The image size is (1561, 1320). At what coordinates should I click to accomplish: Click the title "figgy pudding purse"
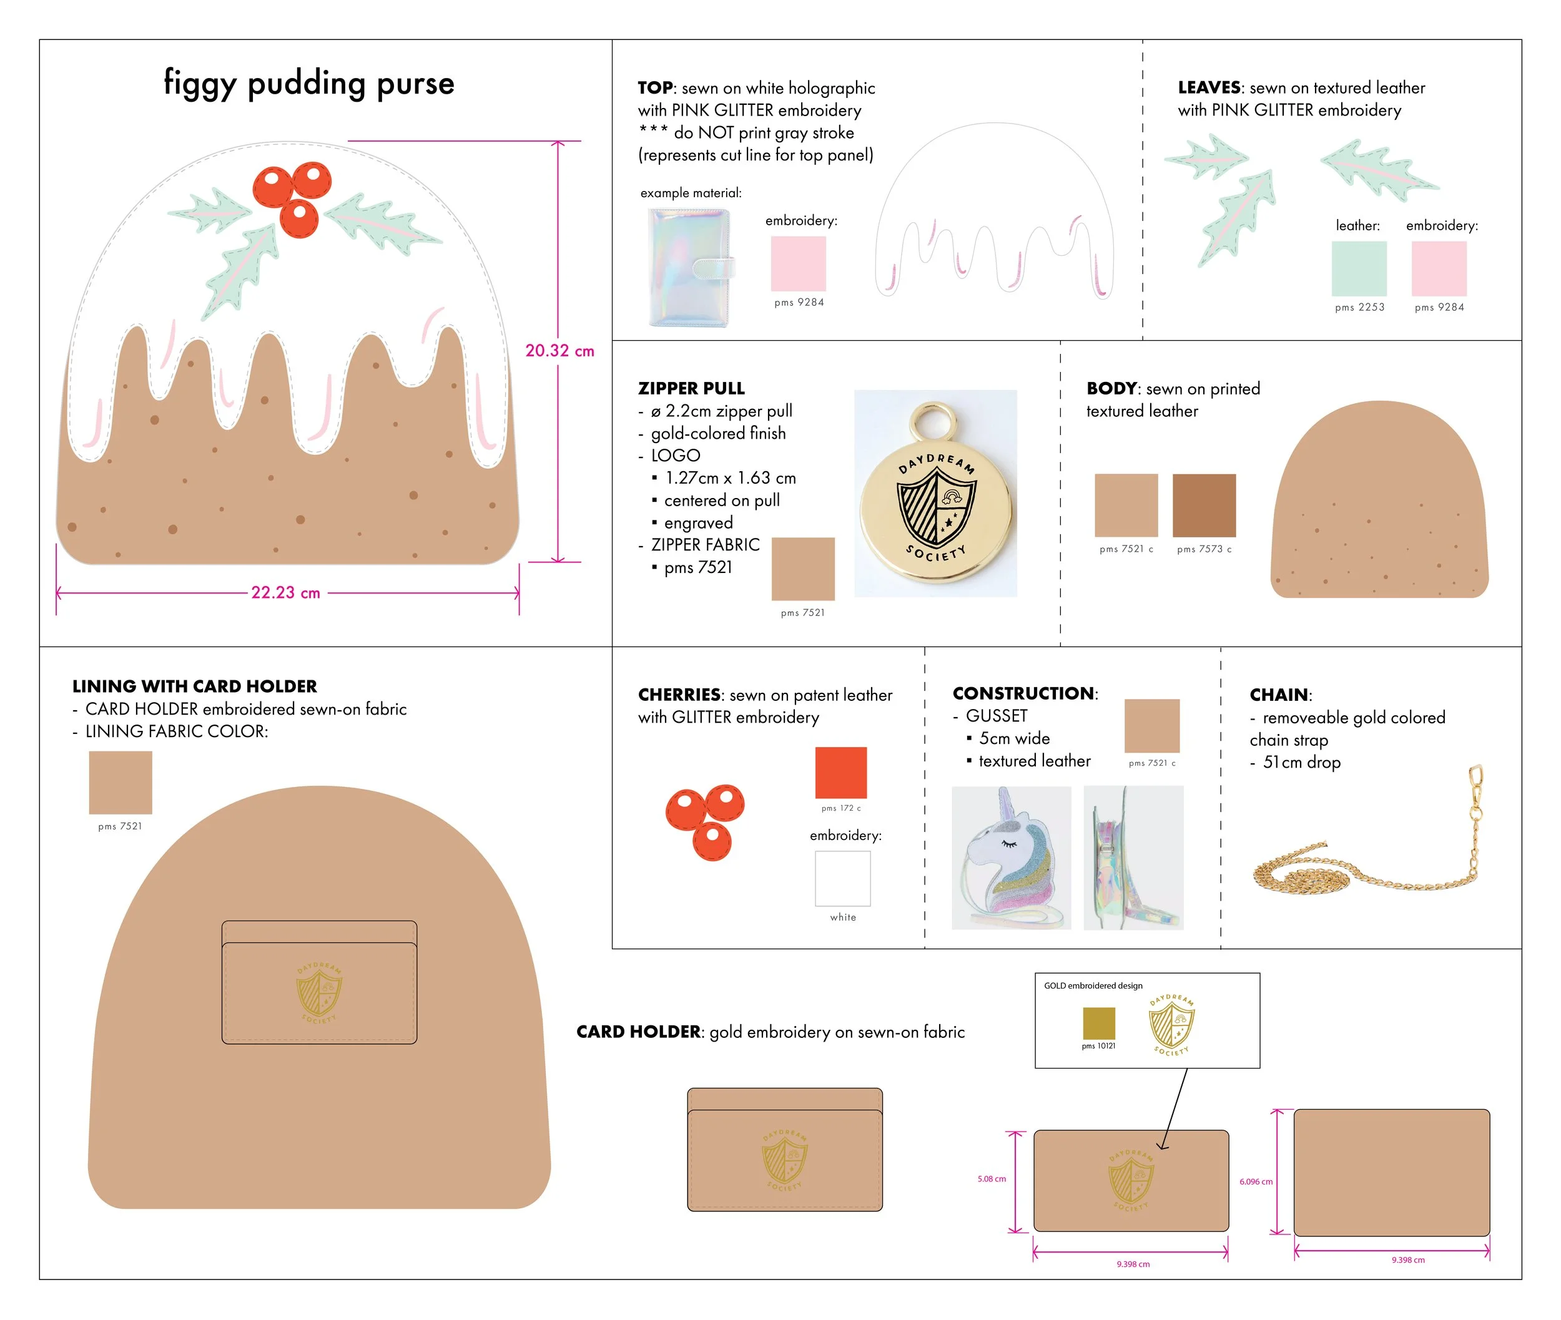(x=308, y=83)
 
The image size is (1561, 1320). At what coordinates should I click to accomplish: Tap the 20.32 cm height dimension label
(x=559, y=350)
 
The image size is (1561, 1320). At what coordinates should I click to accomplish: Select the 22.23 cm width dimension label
(x=285, y=593)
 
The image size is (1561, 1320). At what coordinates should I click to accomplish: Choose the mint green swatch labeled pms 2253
(x=1359, y=268)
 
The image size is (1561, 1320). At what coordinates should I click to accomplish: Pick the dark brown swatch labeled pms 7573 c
(x=1204, y=505)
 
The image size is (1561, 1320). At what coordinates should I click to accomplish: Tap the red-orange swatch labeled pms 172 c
(x=841, y=772)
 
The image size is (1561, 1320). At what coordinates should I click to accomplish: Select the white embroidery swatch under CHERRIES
(x=842, y=879)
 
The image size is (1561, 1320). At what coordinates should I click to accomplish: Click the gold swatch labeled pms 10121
(x=1098, y=1023)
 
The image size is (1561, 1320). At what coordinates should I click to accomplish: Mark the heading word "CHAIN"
(x=1279, y=695)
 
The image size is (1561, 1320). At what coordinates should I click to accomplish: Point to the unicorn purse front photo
(x=1011, y=858)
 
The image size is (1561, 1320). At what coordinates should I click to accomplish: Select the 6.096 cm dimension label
(x=1256, y=1181)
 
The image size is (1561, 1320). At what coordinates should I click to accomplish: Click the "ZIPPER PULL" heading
(x=691, y=388)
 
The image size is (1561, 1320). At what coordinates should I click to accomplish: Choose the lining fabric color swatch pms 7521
(x=121, y=783)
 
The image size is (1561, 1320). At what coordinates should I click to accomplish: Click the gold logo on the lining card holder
(x=319, y=992)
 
